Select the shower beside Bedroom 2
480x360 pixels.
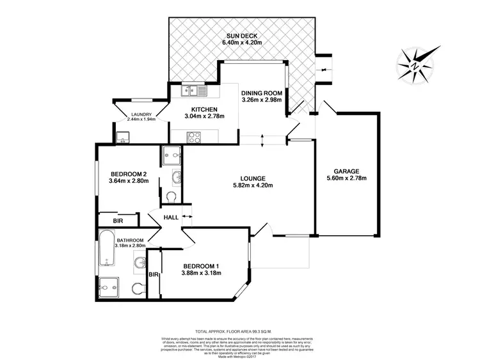click(171, 154)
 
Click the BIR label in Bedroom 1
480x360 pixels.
click(153, 274)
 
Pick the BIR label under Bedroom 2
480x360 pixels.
click(118, 221)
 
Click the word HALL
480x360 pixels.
click(171, 217)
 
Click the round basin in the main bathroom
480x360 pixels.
click(138, 262)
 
